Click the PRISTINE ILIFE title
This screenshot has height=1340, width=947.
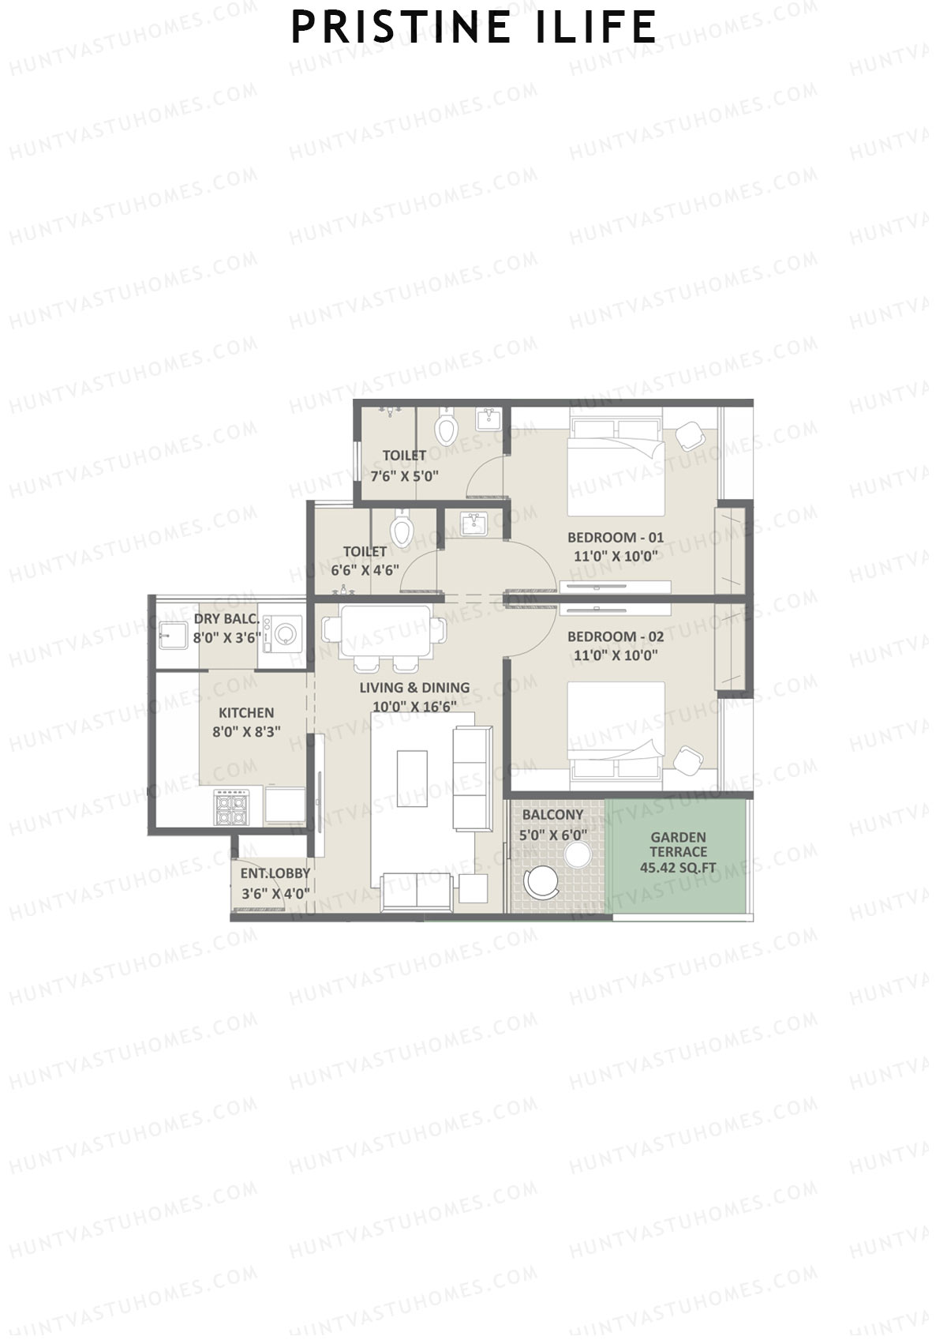tap(473, 28)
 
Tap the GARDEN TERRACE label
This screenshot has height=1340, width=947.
tap(678, 844)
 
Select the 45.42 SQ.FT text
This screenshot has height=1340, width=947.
tap(678, 868)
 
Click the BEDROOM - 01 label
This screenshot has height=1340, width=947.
tap(616, 538)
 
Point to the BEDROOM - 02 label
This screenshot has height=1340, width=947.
tap(616, 636)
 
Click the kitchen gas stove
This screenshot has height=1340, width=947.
tap(231, 807)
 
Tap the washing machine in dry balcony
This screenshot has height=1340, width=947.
tap(283, 634)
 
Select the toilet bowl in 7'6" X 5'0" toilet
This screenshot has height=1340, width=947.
tap(447, 429)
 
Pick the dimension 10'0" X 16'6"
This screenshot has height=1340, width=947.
tap(414, 707)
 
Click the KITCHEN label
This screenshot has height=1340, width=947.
tap(246, 713)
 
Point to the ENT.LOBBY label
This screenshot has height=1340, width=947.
tap(275, 873)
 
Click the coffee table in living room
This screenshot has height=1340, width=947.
tap(411, 778)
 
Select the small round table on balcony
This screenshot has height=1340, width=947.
tap(577, 855)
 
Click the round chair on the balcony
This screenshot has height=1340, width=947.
tap(543, 882)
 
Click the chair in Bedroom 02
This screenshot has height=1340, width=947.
tap(688, 759)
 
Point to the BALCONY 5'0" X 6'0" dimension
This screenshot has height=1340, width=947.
tap(552, 835)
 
